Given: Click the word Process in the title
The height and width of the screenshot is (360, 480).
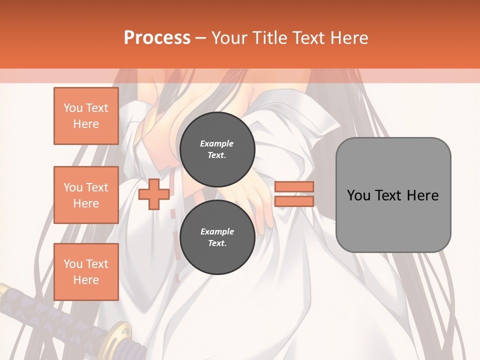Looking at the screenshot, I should coord(157,38).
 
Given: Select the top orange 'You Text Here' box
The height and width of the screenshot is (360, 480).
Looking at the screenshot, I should coord(86,116).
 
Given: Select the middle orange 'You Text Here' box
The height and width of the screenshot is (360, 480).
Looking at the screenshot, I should coord(86,195).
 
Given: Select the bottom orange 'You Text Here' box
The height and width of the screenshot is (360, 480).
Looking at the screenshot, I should coord(86,271).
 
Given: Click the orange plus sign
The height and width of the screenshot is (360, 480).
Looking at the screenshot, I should coord(153,194).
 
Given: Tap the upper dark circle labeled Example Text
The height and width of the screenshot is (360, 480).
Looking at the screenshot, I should coord(217,149).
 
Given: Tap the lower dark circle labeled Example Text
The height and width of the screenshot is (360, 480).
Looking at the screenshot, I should coord(217,237).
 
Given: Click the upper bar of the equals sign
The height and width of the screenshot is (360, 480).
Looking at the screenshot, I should coord(294,186).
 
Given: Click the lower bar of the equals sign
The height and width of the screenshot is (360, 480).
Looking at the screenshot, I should coord(294,201).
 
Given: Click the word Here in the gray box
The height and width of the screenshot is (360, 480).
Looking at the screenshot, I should coord(422,195).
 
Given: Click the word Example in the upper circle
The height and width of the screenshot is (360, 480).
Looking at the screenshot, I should coord(217,143).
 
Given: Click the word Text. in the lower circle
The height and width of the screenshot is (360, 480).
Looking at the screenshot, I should coord(217,243).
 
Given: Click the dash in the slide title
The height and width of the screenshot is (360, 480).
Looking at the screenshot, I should coord(201,38).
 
